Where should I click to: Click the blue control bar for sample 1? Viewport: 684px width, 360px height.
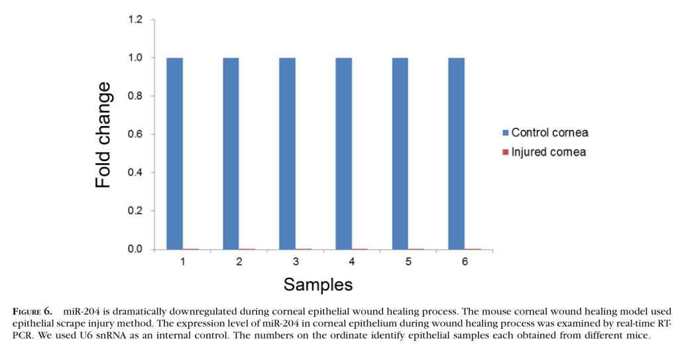click(x=174, y=153)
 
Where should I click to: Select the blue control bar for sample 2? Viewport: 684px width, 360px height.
click(x=231, y=153)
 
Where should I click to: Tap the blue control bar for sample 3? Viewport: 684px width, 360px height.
click(x=287, y=153)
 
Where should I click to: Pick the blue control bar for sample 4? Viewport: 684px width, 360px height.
click(x=343, y=153)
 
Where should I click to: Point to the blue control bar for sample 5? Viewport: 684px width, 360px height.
click(x=400, y=153)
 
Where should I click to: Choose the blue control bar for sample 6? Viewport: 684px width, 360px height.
click(x=456, y=153)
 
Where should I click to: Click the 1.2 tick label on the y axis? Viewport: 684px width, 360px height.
click(x=135, y=20)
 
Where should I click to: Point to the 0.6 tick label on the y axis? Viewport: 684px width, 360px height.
click(x=135, y=135)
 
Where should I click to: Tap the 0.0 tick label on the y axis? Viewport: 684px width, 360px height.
click(x=135, y=249)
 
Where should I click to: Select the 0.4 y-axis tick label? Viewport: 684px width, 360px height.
click(x=135, y=173)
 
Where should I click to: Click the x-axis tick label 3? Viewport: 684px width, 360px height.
click(x=296, y=262)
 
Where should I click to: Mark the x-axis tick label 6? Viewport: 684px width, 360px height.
click(x=465, y=262)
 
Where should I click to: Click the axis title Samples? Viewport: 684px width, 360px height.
click(x=317, y=285)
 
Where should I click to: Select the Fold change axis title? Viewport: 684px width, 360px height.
click(x=103, y=135)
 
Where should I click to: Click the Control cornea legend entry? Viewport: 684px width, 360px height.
click(x=549, y=133)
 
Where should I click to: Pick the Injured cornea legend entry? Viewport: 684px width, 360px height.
click(x=548, y=152)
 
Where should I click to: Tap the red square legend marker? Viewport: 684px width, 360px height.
click(x=506, y=152)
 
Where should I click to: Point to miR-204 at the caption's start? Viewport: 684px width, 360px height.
click(x=80, y=311)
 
